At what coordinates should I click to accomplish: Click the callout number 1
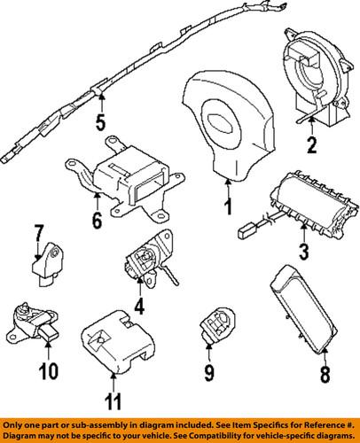[x=229, y=209]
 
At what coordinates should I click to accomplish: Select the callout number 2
[x=312, y=145]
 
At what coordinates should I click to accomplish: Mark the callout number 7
[x=40, y=235]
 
